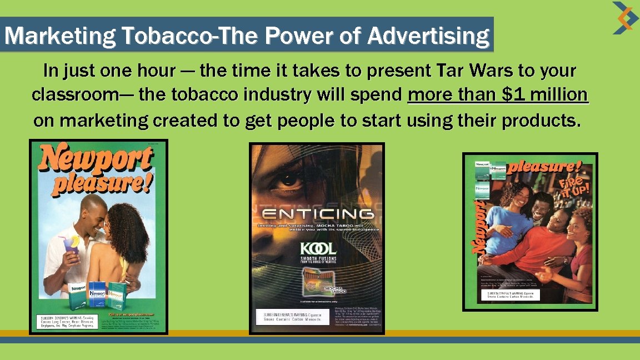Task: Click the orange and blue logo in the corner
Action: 625,18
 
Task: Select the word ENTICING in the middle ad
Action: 317,214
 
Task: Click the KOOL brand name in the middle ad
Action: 318,248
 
